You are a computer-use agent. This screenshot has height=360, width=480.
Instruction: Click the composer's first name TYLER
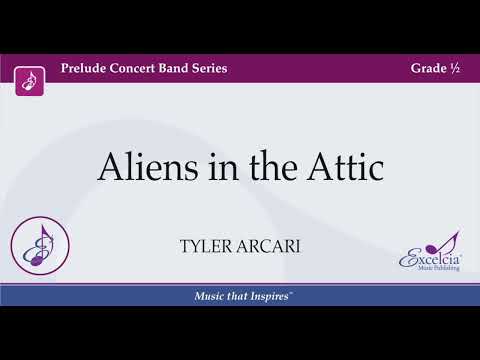[204, 242]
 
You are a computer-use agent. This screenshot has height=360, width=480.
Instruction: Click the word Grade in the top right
[427, 68]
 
